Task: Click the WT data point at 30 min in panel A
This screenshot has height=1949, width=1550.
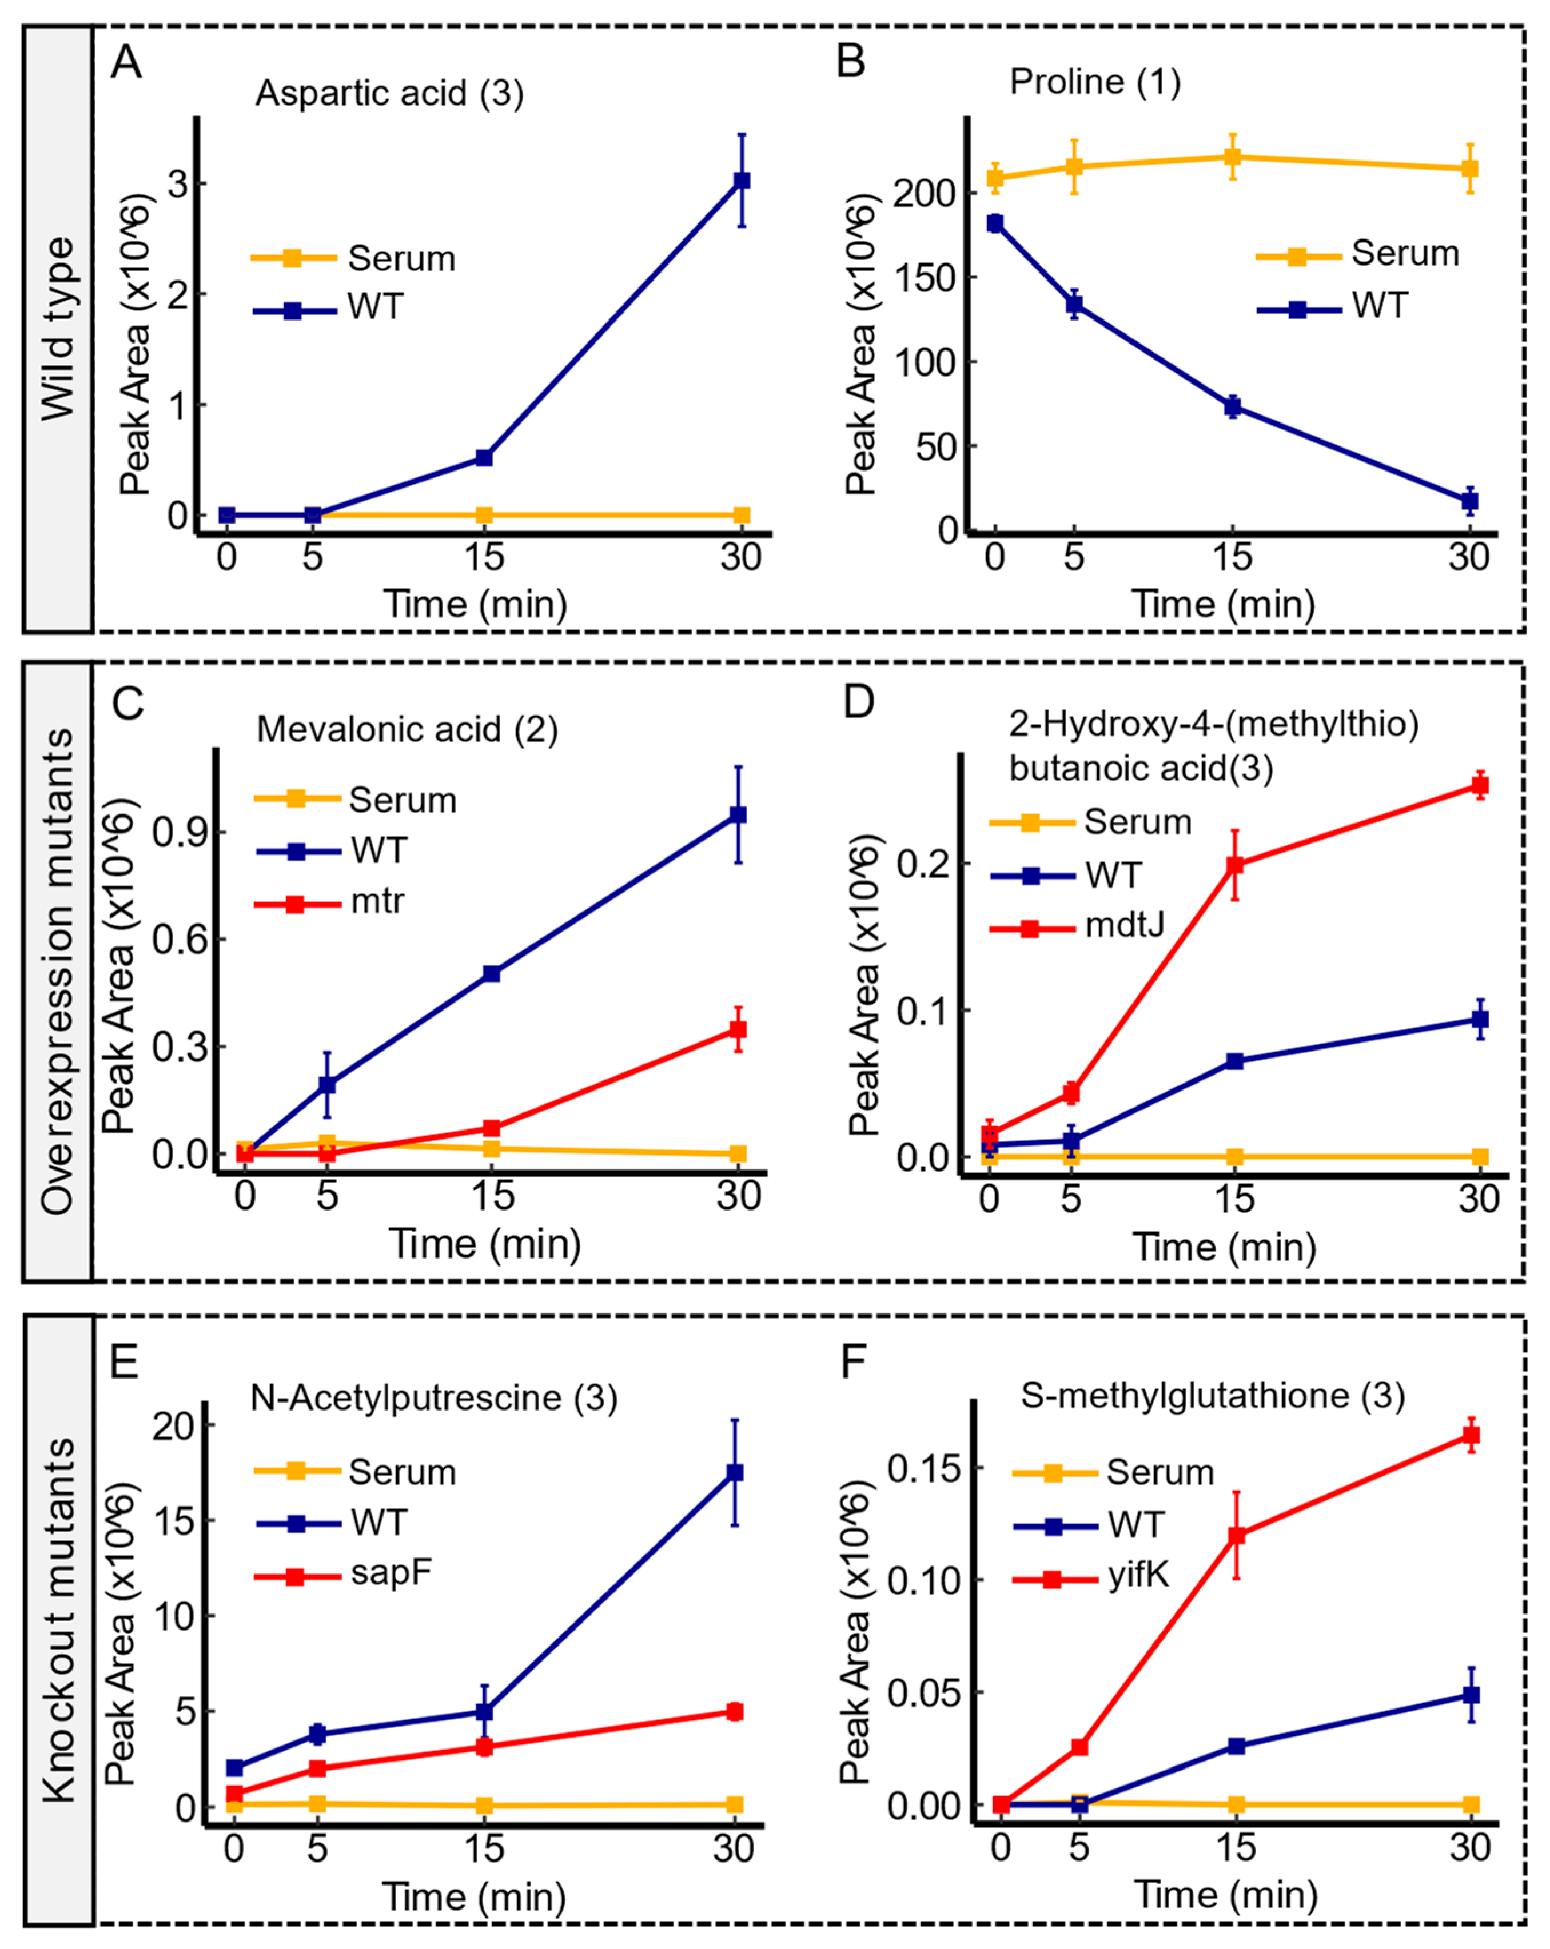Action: [742, 181]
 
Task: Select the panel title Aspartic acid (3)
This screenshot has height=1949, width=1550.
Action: [390, 93]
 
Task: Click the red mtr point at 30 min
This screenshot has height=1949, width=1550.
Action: [739, 1029]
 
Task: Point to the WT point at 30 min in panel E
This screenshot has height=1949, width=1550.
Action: [735, 1472]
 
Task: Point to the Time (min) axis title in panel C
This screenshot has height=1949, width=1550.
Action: [485, 1244]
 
